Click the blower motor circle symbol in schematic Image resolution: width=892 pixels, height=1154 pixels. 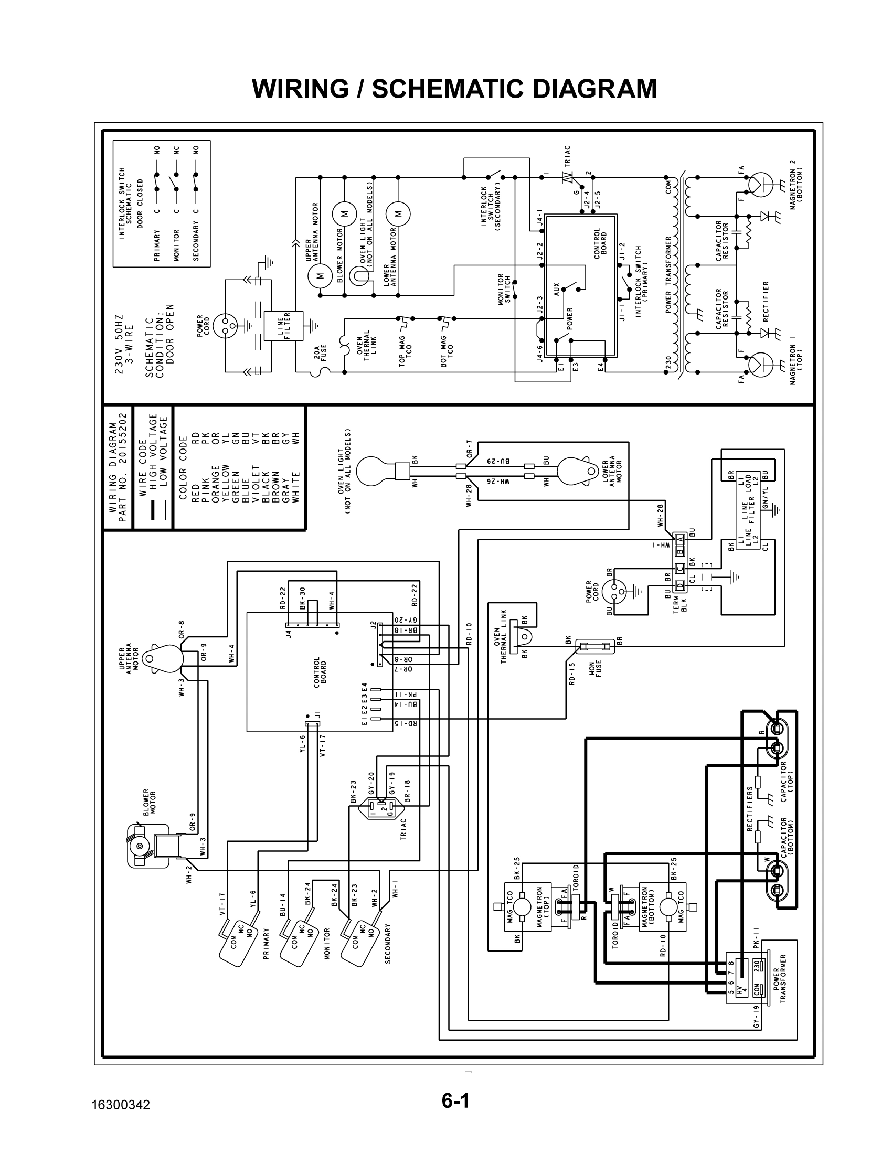[x=345, y=213]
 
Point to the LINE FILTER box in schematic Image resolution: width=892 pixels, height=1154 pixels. [x=287, y=326]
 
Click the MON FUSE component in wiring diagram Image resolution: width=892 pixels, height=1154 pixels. [x=597, y=646]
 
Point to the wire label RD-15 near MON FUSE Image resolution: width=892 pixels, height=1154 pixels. [x=572, y=674]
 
